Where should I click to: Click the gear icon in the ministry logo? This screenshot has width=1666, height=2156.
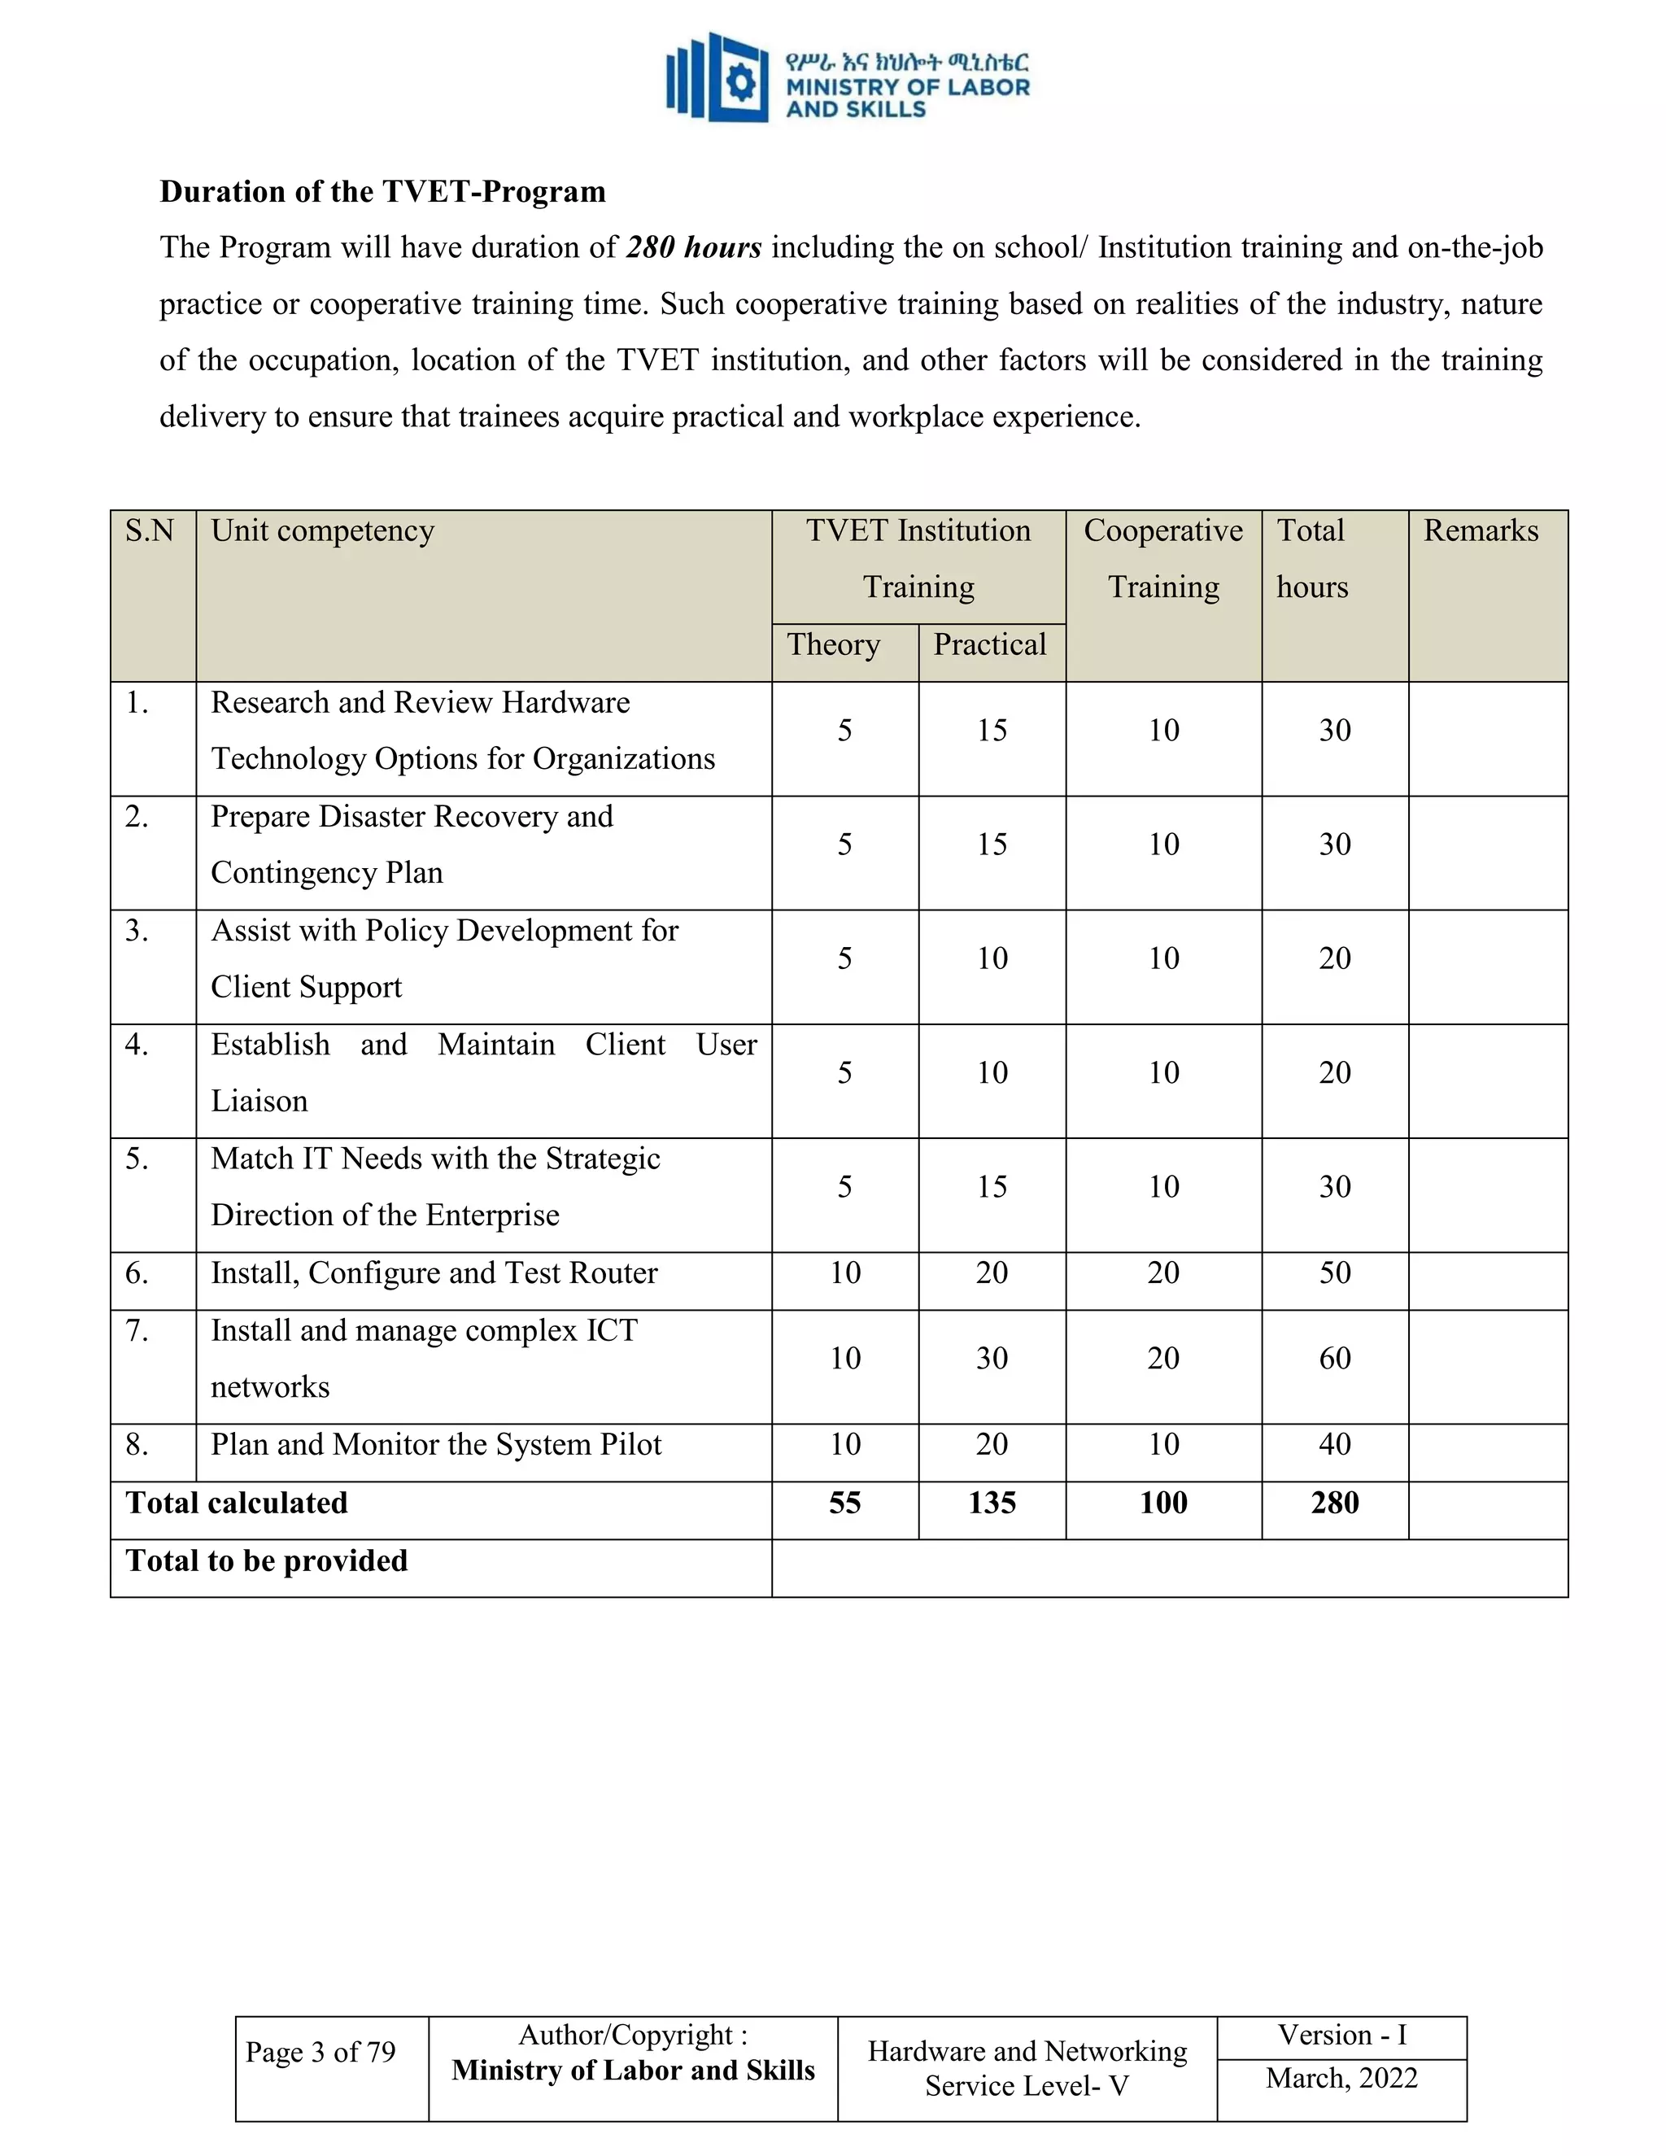tap(740, 82)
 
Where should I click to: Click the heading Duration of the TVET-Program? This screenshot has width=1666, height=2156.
tap(383, 191)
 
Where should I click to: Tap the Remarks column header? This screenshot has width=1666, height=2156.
tap(1480, 531)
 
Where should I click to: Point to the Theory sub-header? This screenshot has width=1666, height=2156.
tap(833, 644)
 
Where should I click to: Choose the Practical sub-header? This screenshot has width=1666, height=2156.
tap(989, 644)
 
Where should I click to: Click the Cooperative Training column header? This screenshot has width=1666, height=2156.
tap(1162, 558)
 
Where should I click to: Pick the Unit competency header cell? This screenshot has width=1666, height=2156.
tap(323, 531)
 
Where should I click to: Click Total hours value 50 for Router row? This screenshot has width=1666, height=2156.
tap(1334, 1272)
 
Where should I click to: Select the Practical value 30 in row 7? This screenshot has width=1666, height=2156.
tap(991, 1359)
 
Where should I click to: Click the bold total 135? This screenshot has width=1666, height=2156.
tap(991, 1503)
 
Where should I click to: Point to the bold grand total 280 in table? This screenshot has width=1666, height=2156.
tap(1334, 1503)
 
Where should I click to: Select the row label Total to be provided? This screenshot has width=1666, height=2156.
tap(267, 1560)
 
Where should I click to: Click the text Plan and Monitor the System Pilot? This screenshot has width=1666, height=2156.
tap(435, 1444)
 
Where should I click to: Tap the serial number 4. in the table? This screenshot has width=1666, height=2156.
tap(137, 1045)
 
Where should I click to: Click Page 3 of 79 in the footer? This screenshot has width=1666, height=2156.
tap(320, 2053)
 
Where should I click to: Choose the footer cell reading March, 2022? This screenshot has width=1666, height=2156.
tap(1341, 2078)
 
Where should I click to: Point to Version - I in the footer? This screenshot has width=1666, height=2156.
tap(1341, 2035)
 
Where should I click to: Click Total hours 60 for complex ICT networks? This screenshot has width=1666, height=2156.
tap(1334, 1359)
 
